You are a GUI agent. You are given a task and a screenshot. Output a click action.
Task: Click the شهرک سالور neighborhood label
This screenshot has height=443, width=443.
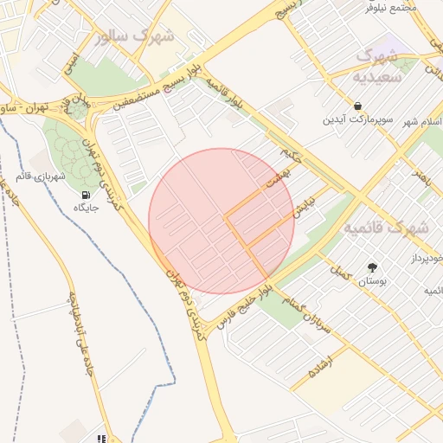tap(137, 36)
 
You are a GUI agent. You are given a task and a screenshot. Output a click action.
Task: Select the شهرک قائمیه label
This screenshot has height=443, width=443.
tap(387, 228)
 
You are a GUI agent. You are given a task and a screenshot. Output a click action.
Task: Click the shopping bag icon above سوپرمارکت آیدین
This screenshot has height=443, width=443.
tap(357, 106)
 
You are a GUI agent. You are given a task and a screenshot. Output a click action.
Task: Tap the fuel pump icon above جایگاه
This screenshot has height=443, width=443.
tap(86, 195)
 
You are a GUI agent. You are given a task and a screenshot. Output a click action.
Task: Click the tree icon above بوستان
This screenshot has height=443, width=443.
tap(373, 267)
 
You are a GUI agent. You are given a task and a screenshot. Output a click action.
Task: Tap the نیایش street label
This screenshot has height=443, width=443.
tap(302, 204)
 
